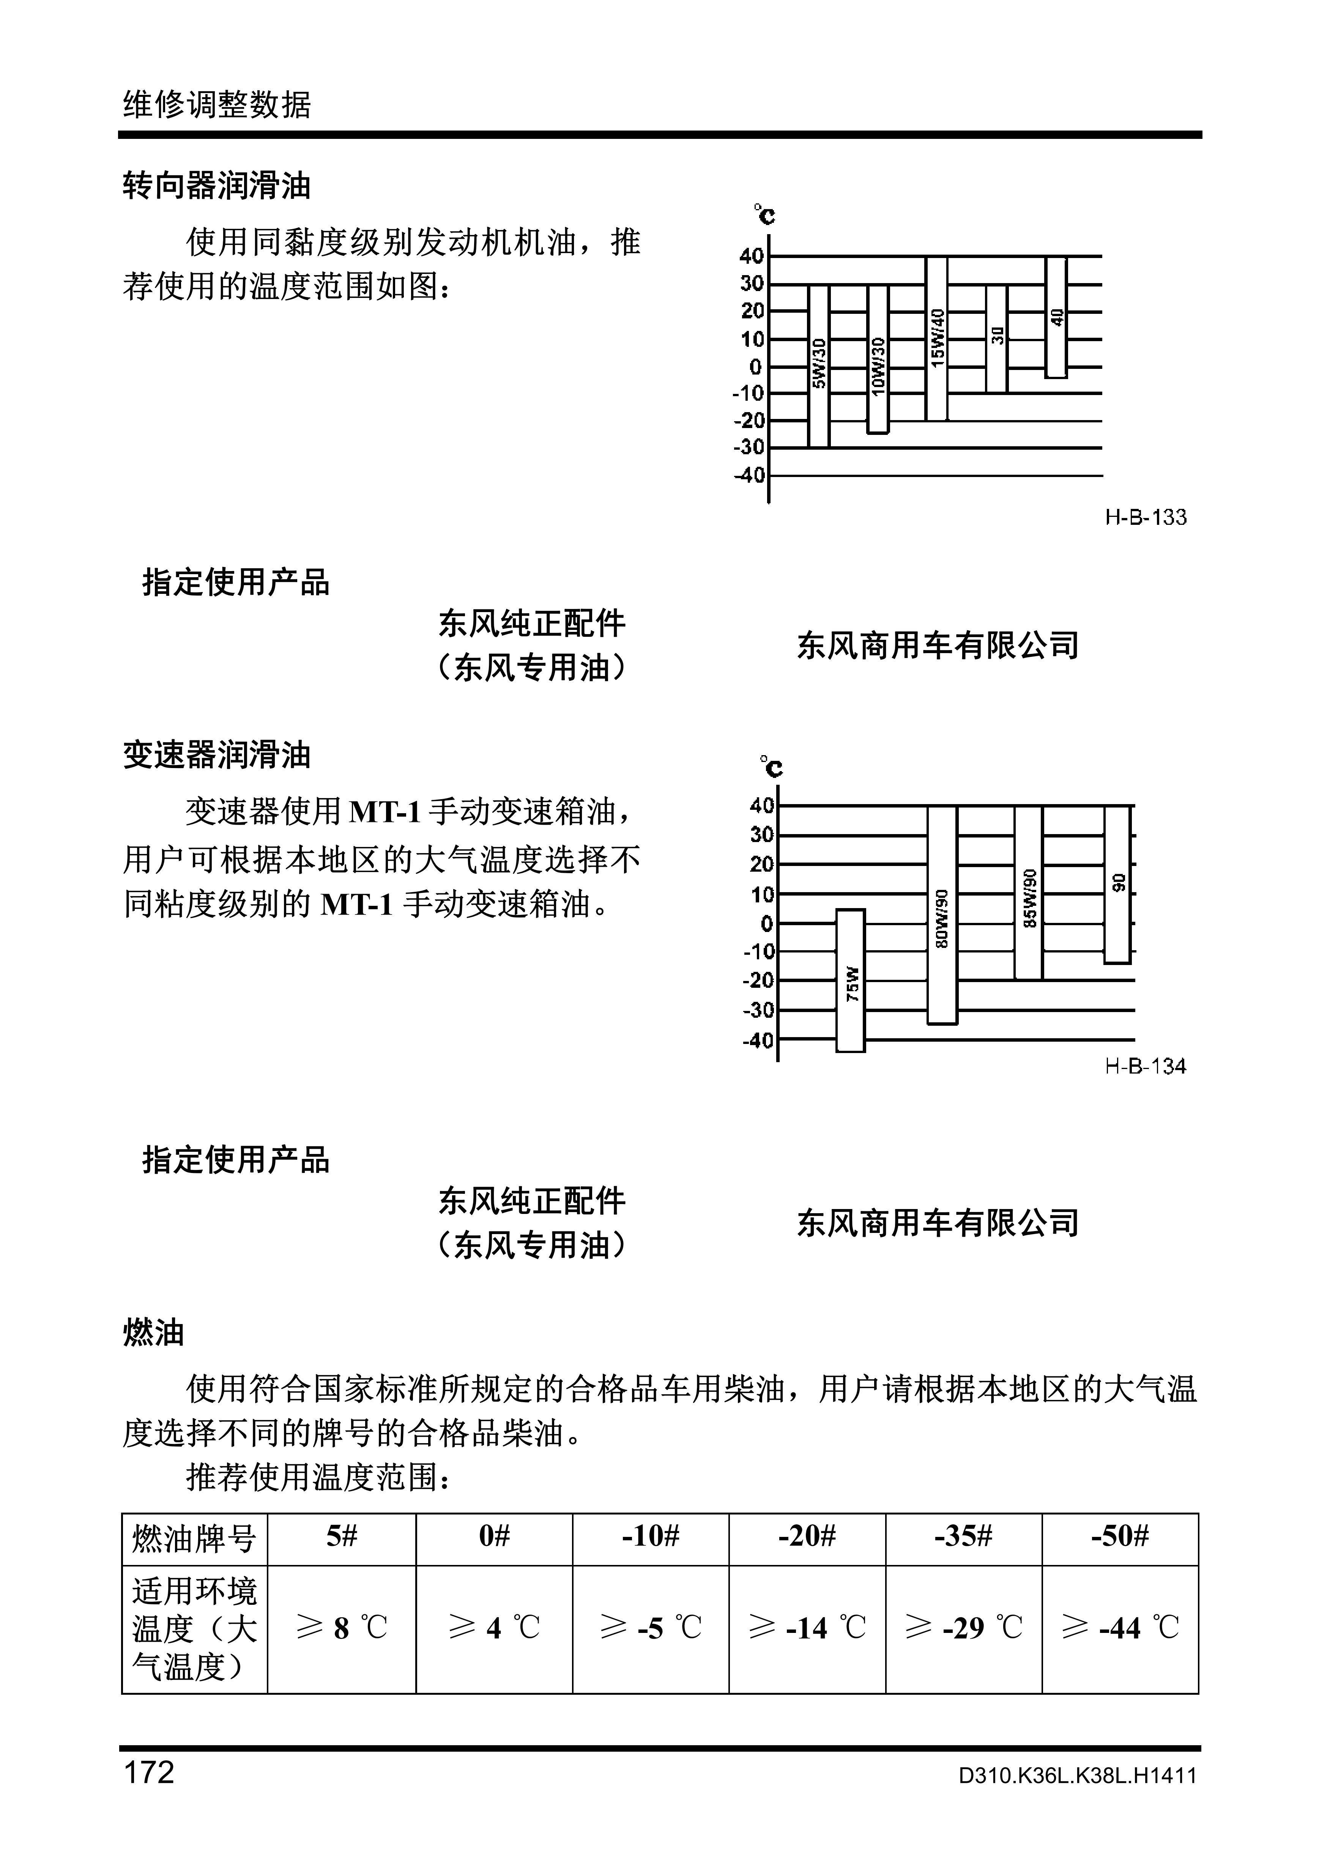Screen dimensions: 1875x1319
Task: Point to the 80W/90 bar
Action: point(942,915)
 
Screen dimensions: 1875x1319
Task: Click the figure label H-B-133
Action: point(1145,517)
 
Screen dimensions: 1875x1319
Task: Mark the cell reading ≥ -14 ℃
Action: point(807,1628)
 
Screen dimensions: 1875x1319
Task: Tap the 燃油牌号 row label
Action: point(194,1538)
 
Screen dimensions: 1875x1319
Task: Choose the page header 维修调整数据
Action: point(216,104)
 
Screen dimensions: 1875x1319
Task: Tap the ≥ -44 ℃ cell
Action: point(1120,1628)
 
